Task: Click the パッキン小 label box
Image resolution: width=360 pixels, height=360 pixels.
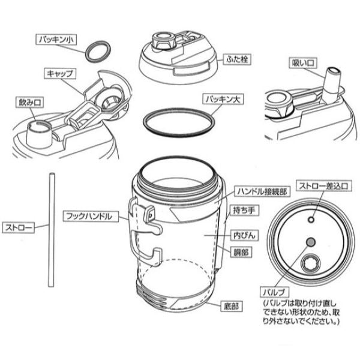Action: [56, 40]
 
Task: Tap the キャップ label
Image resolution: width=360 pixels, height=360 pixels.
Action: [59, 73]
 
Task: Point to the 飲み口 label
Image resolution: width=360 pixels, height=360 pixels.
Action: [30, 102]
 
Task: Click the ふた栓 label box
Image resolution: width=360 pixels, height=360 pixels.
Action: [237, 59]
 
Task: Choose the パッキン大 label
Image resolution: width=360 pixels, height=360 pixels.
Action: [223, 99]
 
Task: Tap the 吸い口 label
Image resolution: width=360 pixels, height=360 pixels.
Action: [303, 62]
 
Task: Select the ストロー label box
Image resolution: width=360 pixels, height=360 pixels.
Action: [19, 227]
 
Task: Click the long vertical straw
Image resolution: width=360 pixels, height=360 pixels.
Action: [52, 230]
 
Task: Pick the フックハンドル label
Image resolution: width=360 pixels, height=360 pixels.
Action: [91, 216]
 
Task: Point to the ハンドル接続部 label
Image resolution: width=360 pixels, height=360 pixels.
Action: [262, 191]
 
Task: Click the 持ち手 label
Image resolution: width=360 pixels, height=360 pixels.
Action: [244, 211]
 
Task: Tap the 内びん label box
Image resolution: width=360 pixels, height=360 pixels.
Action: [244, 235]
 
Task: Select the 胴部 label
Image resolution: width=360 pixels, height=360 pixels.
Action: [241, 253]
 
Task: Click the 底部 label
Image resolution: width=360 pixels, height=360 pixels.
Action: [232, 306]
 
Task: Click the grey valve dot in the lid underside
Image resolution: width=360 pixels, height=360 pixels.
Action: [311, 242]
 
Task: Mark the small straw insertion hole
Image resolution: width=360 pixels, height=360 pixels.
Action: [311, 220]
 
